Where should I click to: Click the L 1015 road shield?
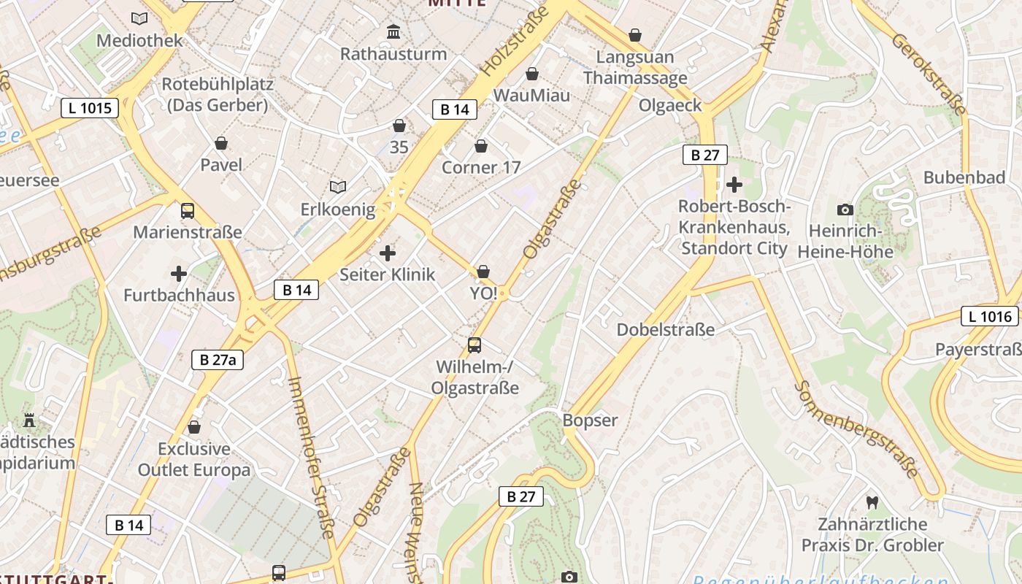click(x=90, y=109)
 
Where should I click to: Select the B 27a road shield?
click(x=218, y=359)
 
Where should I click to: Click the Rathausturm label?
click(x=393, y=54)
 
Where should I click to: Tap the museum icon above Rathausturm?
click(x=394, y=32)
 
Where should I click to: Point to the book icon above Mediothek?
click(x=139, y=18)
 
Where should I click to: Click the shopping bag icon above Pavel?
click(x=221, y=143)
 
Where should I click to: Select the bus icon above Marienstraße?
click(x=188, y=211)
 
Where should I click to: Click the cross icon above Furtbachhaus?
click(x=179, y=274)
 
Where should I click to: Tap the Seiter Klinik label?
click(x=387, y=274)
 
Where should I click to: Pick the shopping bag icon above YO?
click(x=483, y=272)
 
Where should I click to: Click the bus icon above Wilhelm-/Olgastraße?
click(x=474, y=345)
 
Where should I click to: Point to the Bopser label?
click(x=590, y=420)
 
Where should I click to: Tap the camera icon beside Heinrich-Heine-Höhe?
click(x=845, y=210)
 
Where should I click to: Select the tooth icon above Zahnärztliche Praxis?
click(x=872, y=502)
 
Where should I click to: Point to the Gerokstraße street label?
click(x=929, y=74)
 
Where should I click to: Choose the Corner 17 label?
click(x=481, y=168)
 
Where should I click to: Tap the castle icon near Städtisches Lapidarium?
click(x=29, y=420)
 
